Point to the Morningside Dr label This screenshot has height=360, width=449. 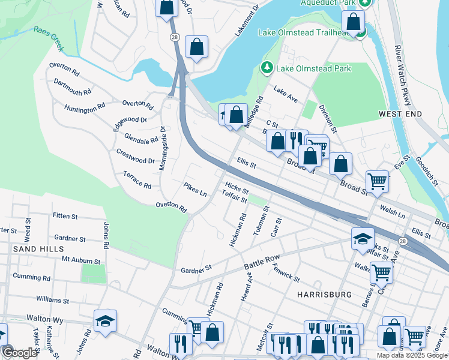pyautogui.click(x=162, y=148)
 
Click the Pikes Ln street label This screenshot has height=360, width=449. pyautogui.click(x=195, y=189)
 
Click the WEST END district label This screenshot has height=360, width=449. pyautogui.click(x=400, y=113)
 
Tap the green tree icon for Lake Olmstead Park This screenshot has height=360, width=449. pyautogui.click(x=266, y=68)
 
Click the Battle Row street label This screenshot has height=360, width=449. pyautogui.click(x=262, y=262)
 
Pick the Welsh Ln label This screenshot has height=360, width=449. pyautogui.click(x=393, y=210)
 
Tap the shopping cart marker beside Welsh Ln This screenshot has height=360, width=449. pyautogui.click(x=377, y=181)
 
